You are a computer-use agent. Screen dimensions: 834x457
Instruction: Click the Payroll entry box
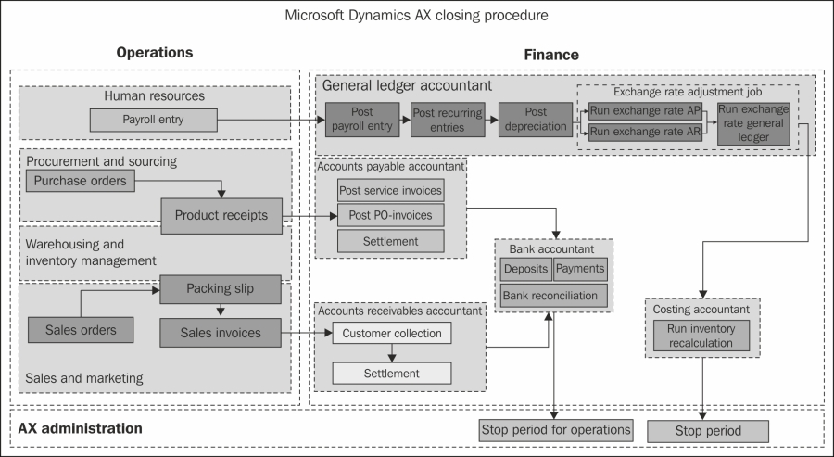pos(153,120)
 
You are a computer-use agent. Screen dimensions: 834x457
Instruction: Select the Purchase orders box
pos(81,181)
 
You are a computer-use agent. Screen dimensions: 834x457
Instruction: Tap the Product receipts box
pos(221,215)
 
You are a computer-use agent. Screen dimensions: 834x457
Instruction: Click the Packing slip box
pos(221,289)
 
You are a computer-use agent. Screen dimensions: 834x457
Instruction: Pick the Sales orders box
pos(81,330)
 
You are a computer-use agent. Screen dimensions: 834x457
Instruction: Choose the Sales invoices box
pos(221,333)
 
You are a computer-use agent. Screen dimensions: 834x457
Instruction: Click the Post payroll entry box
pos(362,120)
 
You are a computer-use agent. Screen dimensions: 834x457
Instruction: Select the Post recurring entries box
pos(448,120)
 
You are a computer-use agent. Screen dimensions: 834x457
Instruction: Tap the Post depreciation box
pos(536,120)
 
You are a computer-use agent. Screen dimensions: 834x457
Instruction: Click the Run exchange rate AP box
pos(646,111)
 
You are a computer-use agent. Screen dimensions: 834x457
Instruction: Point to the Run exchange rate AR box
pos(646,132)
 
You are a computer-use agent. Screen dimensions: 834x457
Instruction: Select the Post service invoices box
pos(391,190)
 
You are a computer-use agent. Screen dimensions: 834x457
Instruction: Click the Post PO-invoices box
pos(391,215)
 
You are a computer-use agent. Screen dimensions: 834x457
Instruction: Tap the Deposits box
pos(526,269)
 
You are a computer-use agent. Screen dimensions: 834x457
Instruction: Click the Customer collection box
pos(392,333)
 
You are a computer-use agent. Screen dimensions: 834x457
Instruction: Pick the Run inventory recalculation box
pos(701,336)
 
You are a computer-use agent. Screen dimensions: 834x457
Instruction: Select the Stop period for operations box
pos(556,430)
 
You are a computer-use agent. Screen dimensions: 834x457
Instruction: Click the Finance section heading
pos(551,55)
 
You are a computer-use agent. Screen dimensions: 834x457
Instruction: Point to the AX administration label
pos(81,428)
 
